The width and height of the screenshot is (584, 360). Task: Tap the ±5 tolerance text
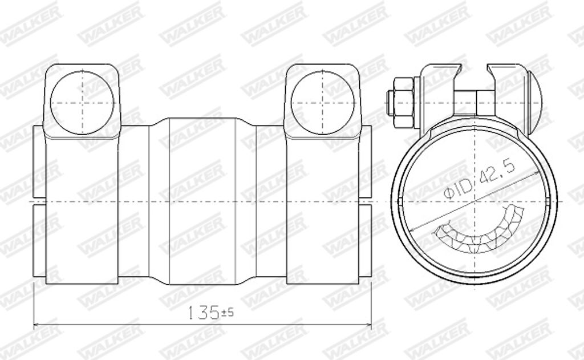(227, 312)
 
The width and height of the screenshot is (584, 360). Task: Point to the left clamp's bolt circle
(82, 103)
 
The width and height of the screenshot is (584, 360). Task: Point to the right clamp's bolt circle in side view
(323, 103)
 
